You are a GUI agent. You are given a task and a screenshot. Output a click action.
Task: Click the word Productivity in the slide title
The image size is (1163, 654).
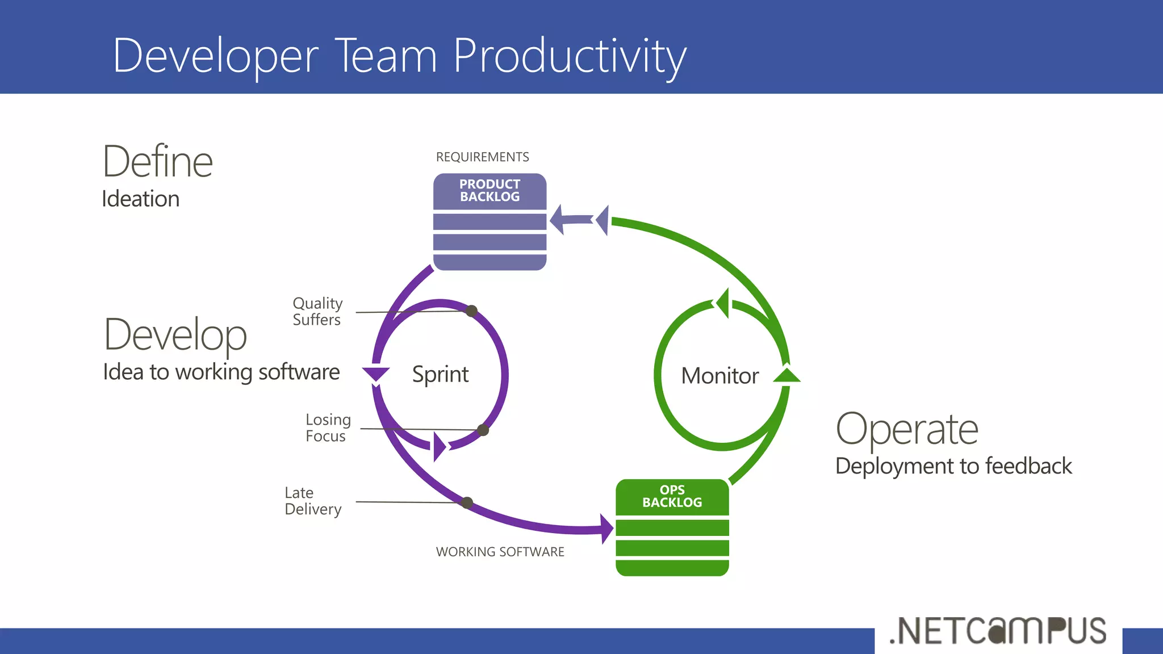[570, 56]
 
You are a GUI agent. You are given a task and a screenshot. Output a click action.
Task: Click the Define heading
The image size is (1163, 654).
[157, 162]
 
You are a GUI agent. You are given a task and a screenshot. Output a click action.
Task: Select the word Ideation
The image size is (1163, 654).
[140, 199]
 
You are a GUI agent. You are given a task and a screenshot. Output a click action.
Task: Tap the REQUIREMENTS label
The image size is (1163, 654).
[482, 157]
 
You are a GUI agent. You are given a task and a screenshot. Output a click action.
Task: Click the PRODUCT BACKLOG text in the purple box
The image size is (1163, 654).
[490, 191]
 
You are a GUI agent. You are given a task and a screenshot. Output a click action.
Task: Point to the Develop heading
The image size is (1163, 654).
[175, 335]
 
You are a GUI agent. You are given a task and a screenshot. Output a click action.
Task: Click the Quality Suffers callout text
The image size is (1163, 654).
[317, 311]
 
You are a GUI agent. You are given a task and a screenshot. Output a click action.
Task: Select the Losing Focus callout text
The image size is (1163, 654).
[328, 427]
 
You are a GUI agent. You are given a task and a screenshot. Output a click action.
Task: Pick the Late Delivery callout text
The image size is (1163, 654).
[312, 501]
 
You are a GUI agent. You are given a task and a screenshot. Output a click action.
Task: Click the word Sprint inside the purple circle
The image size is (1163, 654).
[440, 375]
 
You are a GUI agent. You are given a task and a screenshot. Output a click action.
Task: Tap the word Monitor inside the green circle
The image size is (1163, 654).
[719, 376]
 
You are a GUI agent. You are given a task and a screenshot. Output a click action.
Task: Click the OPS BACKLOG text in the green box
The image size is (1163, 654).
[672, 496]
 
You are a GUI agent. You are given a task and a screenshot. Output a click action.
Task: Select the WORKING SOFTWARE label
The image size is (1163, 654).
[500, 552]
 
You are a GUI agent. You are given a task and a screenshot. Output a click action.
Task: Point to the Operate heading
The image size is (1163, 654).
[907, 429]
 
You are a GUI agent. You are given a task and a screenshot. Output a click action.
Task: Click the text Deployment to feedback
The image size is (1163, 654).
[953, 466]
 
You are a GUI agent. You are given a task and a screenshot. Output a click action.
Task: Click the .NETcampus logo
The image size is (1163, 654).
[998, 631]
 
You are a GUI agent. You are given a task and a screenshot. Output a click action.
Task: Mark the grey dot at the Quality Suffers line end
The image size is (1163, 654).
[471, 311]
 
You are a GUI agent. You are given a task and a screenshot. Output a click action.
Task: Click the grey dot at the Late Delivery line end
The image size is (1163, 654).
[467, 502]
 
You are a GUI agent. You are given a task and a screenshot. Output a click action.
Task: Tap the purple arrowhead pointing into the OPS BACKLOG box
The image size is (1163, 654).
[607, 529]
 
